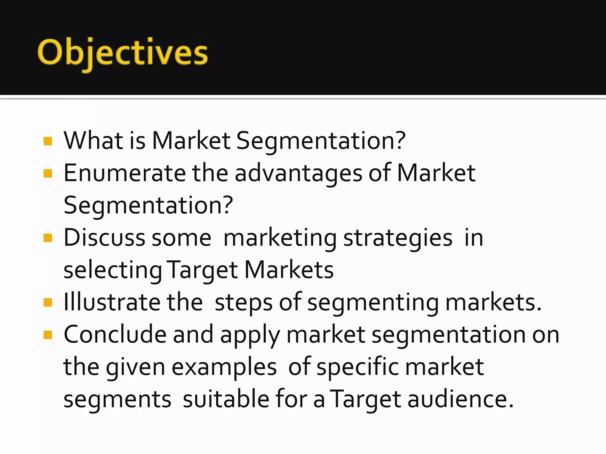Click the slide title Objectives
coord(123,53)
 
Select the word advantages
coord(298,174)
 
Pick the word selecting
coord(113,270)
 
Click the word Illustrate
coord(112,302)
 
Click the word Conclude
coord(115,335)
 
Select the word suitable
coord(226,399)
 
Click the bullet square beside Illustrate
coord(48,303)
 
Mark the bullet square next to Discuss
coord(48,238)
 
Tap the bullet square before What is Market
coord(48,141)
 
